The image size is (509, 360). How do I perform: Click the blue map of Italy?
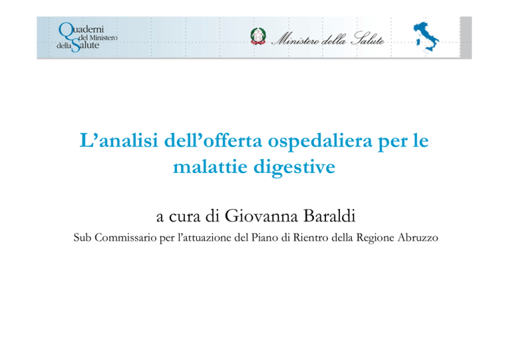(426, 36)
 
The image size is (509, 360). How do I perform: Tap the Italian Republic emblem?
(258, 36)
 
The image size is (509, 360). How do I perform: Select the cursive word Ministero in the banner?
(295, 40)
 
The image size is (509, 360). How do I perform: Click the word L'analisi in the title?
(119, 141)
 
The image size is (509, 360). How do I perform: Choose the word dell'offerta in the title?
(213, 141)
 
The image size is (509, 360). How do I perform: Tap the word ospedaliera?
(319, 141)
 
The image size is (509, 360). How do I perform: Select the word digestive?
(294, 168)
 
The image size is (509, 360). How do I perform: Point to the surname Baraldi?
(329, 216)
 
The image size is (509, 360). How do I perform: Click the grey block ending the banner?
(466, 37)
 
